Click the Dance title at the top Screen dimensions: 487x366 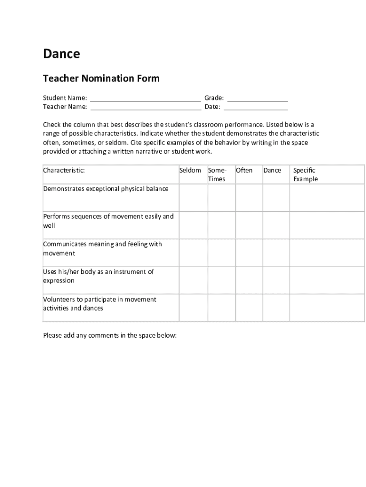point(61,54)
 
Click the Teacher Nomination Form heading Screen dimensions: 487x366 point(101,78)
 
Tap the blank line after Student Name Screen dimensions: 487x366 point(145,98)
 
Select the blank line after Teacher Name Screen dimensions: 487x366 point(145,107)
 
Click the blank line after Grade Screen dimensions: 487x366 point(258,98)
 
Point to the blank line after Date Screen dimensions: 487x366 point(258,107)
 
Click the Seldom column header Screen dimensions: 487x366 point(190,170)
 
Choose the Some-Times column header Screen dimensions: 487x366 point(217,175)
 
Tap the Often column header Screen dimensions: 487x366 point(244,170)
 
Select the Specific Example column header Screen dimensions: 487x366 point(305,175)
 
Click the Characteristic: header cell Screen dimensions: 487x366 point(64,170)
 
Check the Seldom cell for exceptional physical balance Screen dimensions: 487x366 point(193,197)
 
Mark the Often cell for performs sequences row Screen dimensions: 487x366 point(249,225)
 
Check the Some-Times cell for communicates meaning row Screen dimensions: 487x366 point(221,253)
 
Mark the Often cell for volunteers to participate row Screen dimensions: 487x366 point(249,308)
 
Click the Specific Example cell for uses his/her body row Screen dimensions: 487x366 point(327,280)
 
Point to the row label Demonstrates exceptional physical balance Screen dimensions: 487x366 point(106,189)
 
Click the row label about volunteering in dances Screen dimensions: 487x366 point(99,304)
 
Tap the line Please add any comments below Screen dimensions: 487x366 point(110,335)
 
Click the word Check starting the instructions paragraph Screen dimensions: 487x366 point(51,125)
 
